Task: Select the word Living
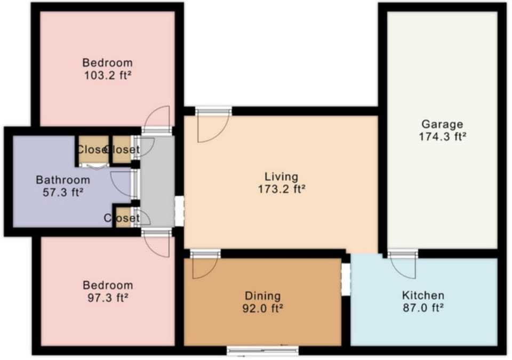click(281, 177)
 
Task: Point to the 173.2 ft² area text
click(281, 188)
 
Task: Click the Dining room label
click(262, 295)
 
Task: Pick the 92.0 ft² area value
click(262, 308)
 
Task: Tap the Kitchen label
click(423, 295)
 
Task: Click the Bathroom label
click(63, 180)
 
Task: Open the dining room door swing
click(203, 266)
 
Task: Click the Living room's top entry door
click(212, 124)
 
